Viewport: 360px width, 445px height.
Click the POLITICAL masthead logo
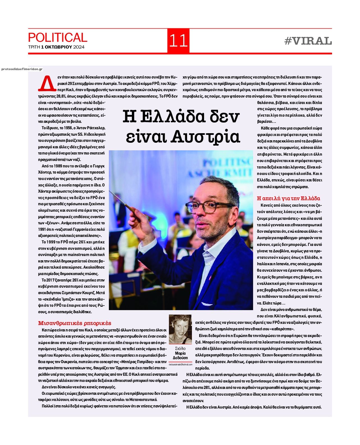point(58,38)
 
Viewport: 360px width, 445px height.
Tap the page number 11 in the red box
point(178,41)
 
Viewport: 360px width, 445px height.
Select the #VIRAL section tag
point(308,41)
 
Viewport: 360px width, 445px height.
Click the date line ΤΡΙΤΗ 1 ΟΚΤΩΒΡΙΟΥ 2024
point(56,47)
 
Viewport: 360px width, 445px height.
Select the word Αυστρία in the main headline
point(205,137)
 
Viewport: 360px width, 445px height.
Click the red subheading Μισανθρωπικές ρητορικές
point(75,323)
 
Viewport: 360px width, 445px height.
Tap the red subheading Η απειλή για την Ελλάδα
point(288,198)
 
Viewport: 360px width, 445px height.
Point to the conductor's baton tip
point(110,192)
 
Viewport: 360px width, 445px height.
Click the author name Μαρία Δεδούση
point(180,356)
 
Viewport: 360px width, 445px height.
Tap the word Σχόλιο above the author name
point(180,349)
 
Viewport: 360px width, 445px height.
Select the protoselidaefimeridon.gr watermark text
point(22,69)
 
